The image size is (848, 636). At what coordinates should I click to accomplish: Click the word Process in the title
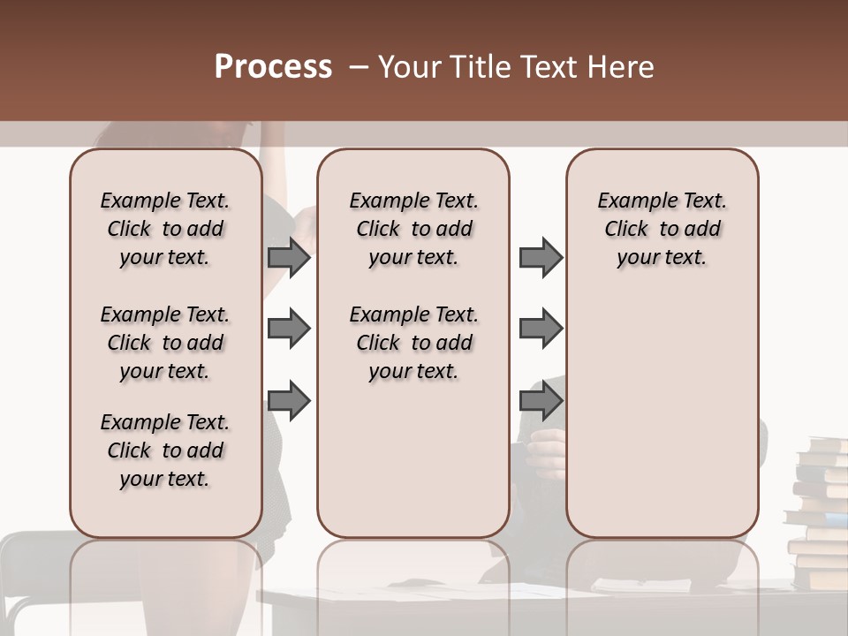273,67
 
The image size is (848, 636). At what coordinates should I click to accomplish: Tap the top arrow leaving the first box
289,257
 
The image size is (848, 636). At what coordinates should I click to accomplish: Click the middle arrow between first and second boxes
289,329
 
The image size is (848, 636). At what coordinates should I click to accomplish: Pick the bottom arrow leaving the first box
289,401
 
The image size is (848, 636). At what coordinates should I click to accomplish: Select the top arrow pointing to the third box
541,257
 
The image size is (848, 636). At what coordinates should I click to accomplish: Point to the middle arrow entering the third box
541,329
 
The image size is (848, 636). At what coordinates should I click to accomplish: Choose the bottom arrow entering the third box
541,401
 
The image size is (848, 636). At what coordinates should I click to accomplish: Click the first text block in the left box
165,229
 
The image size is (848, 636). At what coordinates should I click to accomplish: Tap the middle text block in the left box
165,343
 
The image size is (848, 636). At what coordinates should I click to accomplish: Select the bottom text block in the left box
165,450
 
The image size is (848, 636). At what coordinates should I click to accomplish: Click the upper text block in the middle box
413,229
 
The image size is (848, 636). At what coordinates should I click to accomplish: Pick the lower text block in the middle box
413,343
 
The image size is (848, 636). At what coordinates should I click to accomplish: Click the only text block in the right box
662,229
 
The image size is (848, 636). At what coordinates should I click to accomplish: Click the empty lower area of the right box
662,415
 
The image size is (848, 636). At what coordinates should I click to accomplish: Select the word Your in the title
410,67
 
